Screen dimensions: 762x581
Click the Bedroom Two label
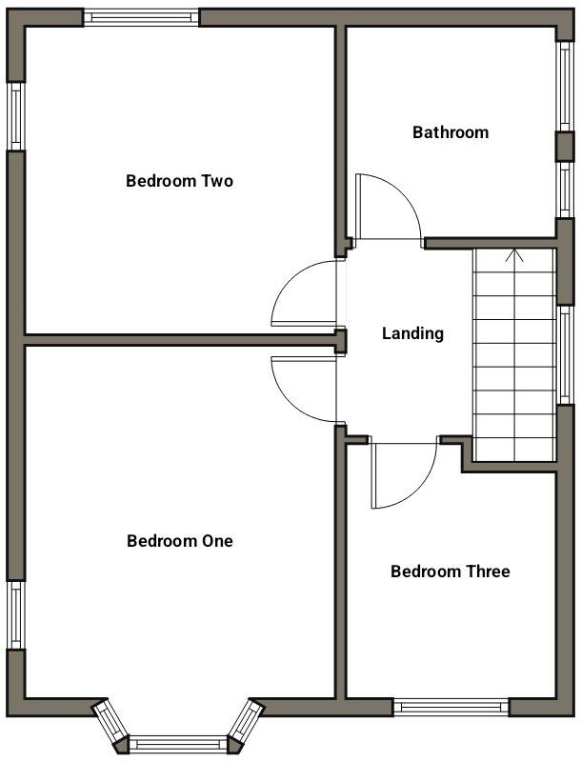(179, 181)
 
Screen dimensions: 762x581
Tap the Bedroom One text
(179, 541)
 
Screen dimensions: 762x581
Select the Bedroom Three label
(450, 571)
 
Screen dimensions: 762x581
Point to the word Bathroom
(450, 132)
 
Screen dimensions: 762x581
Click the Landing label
(412, 333)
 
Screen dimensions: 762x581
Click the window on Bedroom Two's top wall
(141, 17)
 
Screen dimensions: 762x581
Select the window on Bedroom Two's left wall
(15, 115)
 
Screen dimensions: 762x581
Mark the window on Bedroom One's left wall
(15, 615)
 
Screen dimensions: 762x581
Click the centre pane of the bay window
(178, 743)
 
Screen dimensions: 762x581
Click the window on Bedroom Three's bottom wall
(451, 707)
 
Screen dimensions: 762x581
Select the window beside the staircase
(565, 355)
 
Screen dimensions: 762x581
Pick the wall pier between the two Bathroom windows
(565, 145)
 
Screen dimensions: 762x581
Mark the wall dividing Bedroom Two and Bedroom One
(179, 339)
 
